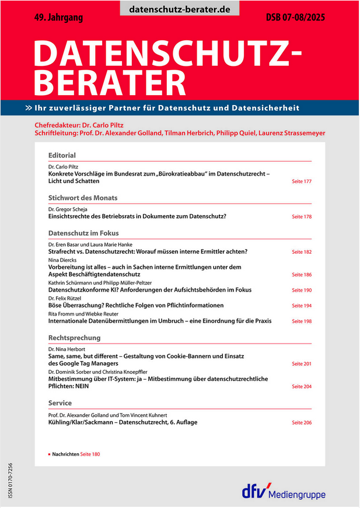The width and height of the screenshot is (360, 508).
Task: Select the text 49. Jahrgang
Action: click(x=58, y=18)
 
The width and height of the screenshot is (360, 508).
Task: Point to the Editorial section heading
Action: click(x=62, y=155)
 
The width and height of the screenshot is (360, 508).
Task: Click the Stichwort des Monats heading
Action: click(x=83, y=197)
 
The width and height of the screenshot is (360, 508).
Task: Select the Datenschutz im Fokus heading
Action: click(x=83, y=233)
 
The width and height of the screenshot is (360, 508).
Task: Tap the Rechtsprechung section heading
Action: click(x=74, y=337)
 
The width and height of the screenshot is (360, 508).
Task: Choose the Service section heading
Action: click(x=60, y=403)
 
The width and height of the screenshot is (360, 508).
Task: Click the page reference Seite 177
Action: click(x=302, y=182)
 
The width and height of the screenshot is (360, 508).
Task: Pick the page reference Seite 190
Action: click(x=302, y=290)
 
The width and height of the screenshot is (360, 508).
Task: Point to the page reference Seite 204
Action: click(x=302, y=387)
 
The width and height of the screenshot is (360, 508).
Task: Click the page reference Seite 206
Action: click(x=302, y=422)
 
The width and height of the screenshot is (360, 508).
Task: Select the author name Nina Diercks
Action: click(x=61, y=260)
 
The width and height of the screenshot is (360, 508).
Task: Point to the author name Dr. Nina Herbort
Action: click(x=68, y=349)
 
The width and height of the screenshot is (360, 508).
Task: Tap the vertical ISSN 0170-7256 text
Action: click(x=10, y=480)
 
